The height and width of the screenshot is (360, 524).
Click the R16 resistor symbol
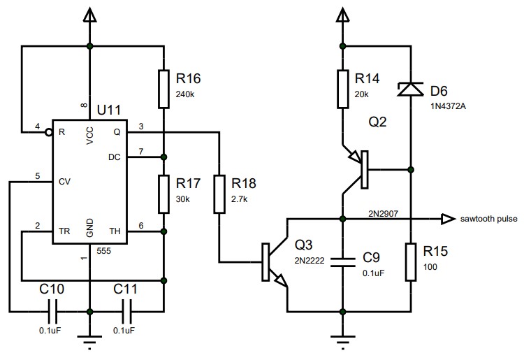pyautogui.click(x=163, y=89)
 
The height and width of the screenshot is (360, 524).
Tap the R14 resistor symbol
pyautogui.click(x=342, y=89)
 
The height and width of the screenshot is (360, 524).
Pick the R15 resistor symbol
pyautogui.click(x=410, y=259)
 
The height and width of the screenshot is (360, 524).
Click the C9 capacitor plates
pyautogui.click(x=342, y=261)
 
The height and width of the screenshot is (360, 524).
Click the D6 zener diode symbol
pyautogui.click(x=410, y=89)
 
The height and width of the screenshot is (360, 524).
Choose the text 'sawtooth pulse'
pyautogui.click(x=489, y=219)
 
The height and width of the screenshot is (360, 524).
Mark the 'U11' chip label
pyautogui.click(x=108, y=110)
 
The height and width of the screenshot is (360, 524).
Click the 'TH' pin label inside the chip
pyautogui.click(x=115, y=230)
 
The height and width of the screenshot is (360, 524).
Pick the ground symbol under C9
pyautogui.click(x=342, y=342)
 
